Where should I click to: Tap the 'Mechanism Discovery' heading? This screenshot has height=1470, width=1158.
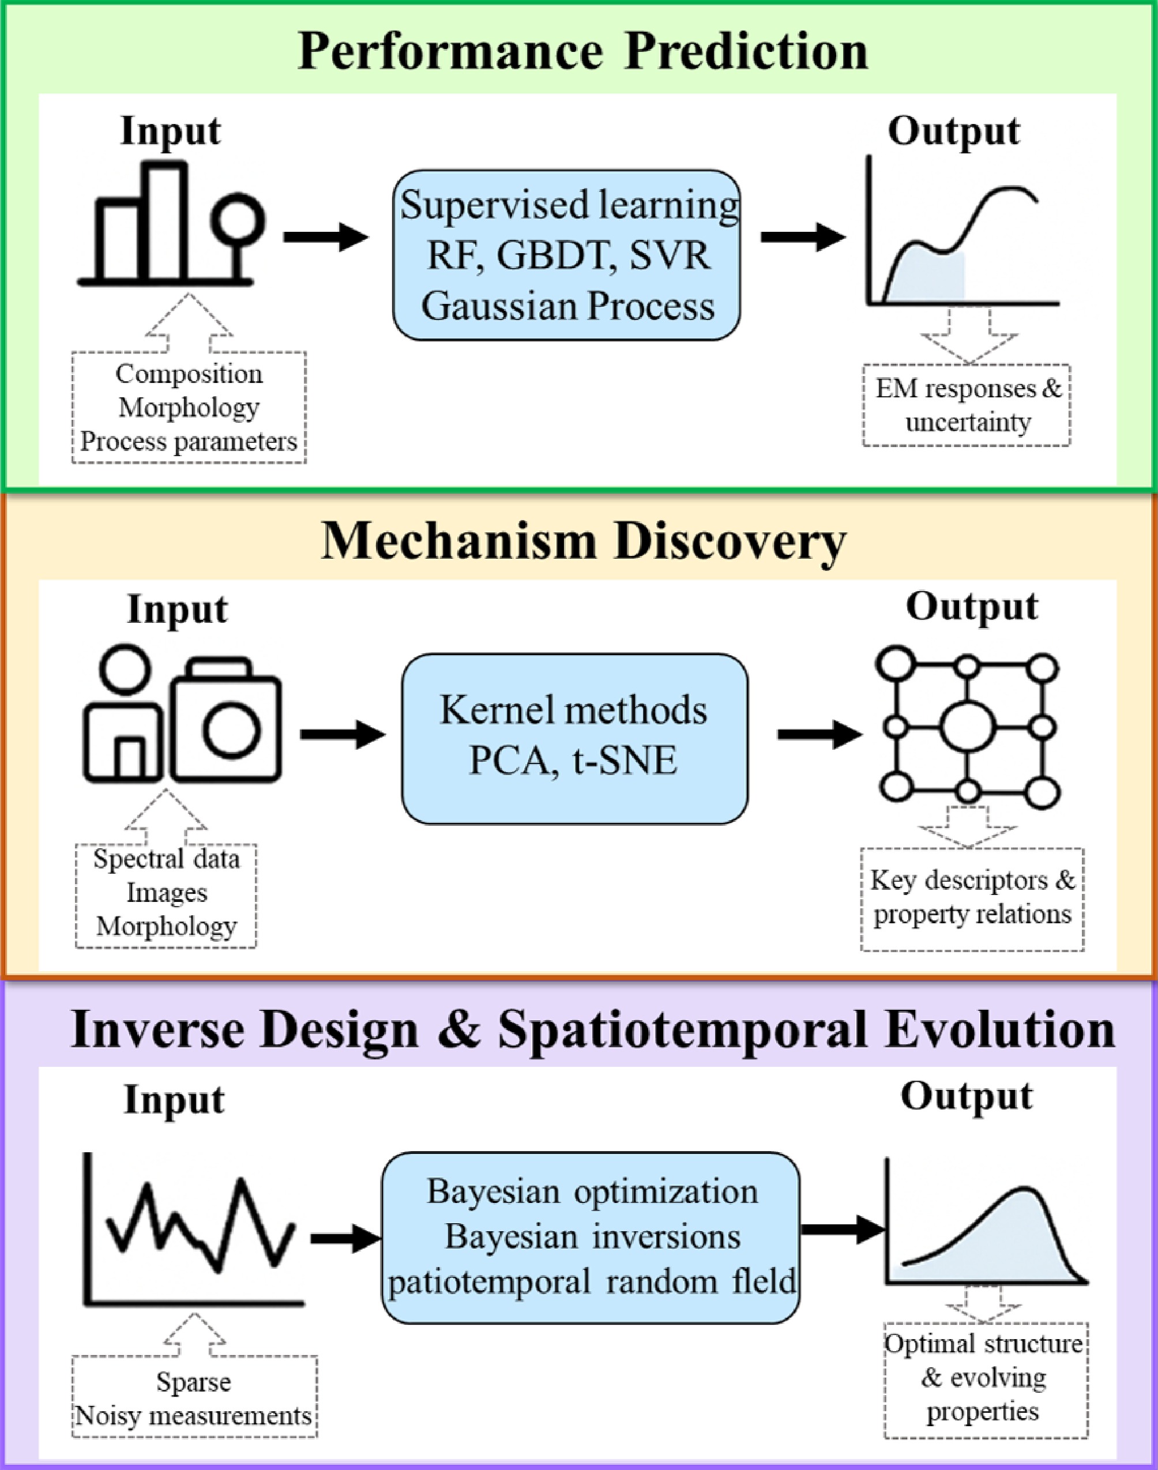coord(583,542)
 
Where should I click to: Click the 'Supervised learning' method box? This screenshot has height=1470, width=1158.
coord(567,255)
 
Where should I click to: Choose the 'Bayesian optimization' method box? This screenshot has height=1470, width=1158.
coord(591,1237)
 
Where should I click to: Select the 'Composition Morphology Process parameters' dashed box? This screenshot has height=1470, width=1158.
coord(189,408)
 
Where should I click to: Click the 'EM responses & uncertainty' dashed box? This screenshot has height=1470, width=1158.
coord(967,405)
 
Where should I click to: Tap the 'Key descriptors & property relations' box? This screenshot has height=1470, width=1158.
coord(972,898)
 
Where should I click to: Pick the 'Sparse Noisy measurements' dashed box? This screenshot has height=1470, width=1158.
coord(194,1396)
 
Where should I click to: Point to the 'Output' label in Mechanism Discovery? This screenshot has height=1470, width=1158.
coord(972,606)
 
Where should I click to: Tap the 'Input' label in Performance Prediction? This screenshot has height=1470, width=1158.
coord(170,130)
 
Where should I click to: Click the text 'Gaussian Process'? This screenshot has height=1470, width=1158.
coord(567,306)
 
